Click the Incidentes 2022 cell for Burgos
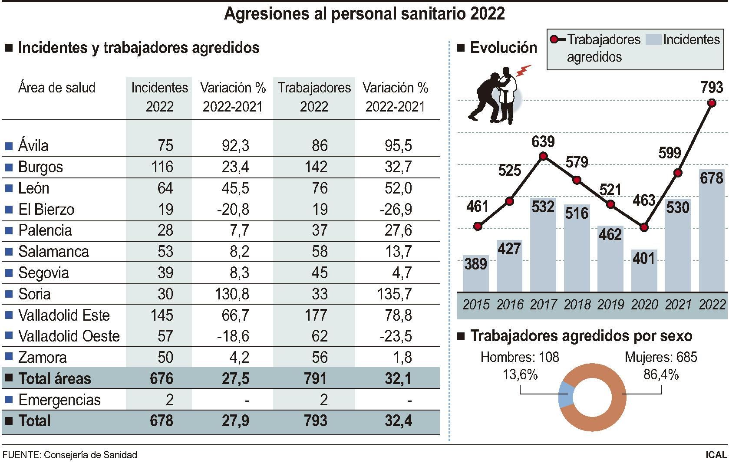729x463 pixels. pos(162,167)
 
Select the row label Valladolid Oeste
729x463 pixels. pos(69,336)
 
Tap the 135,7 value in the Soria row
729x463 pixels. pos(398,294)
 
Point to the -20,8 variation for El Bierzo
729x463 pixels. pos(233,210)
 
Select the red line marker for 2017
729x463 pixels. pos(543,156)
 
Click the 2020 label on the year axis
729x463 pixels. pos(644,305)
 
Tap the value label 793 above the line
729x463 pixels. pos(711,88)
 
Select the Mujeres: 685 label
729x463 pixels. pos(660,358)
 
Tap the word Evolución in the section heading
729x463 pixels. pos(503,47)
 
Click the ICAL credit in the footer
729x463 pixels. pos(716,455)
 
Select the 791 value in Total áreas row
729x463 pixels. pos(315,378)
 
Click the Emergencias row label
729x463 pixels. pos(59,400)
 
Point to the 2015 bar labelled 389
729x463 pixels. pos(476,273)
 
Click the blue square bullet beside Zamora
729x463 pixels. pos(8,358)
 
